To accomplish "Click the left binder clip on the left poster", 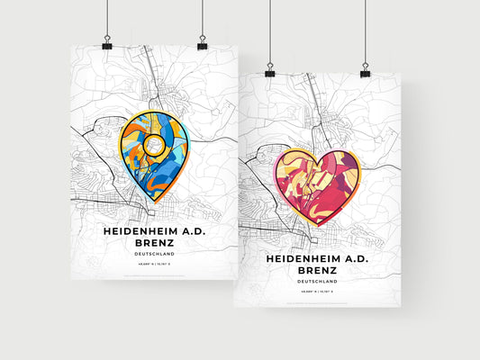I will [107, 44].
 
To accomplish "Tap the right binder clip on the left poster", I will [202, 44].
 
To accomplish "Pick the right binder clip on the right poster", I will [366, 70].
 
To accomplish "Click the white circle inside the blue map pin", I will [153, 143].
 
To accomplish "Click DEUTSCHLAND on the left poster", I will [154, 255].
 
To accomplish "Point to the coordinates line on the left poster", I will [154, 265].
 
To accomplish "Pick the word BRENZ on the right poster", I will [316, 271].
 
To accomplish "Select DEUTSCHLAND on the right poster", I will [316, 282].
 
